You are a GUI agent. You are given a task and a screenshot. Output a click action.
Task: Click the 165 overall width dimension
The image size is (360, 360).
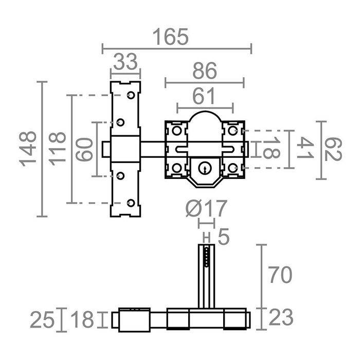click(x=171, y=37)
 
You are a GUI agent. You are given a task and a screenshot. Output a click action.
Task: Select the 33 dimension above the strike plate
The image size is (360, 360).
click(x=125, y=63)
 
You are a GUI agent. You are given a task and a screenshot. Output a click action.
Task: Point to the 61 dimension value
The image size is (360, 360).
click(x=205, y=96)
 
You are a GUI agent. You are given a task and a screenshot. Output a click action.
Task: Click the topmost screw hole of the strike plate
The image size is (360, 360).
click(x=131, y=96)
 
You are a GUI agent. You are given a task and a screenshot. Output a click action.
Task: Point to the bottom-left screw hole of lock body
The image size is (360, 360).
click(x=176, y=168)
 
